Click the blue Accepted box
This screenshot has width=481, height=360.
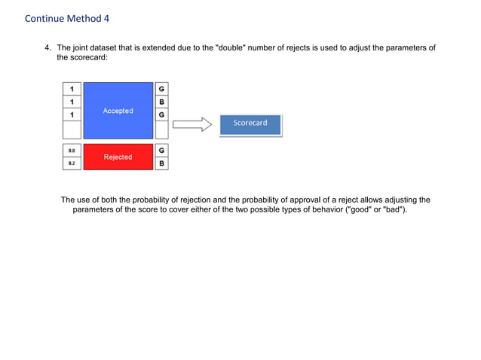click(x=118, y=111)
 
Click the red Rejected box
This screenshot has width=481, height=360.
click(x=118, y=157)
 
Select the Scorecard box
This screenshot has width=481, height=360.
click(x=250, y=124)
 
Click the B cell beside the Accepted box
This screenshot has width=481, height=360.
click(x=162, y=102)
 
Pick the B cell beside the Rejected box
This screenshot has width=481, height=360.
click(x=162, y=163)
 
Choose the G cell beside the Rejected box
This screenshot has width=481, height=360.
click(x=162, y=151)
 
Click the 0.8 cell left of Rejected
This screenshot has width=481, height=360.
click(x=72, y=151)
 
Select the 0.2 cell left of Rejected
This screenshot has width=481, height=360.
click(x=72, y=163)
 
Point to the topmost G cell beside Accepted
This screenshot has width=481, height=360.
click(x=162, y=88)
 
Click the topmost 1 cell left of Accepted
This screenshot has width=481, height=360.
click(x=72, y=88)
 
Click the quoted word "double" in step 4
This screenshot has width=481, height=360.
click(x=231, y=48)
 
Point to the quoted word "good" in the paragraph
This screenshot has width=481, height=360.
click(x=360, y=209)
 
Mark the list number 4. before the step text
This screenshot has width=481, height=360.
click(x=48, y=48)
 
